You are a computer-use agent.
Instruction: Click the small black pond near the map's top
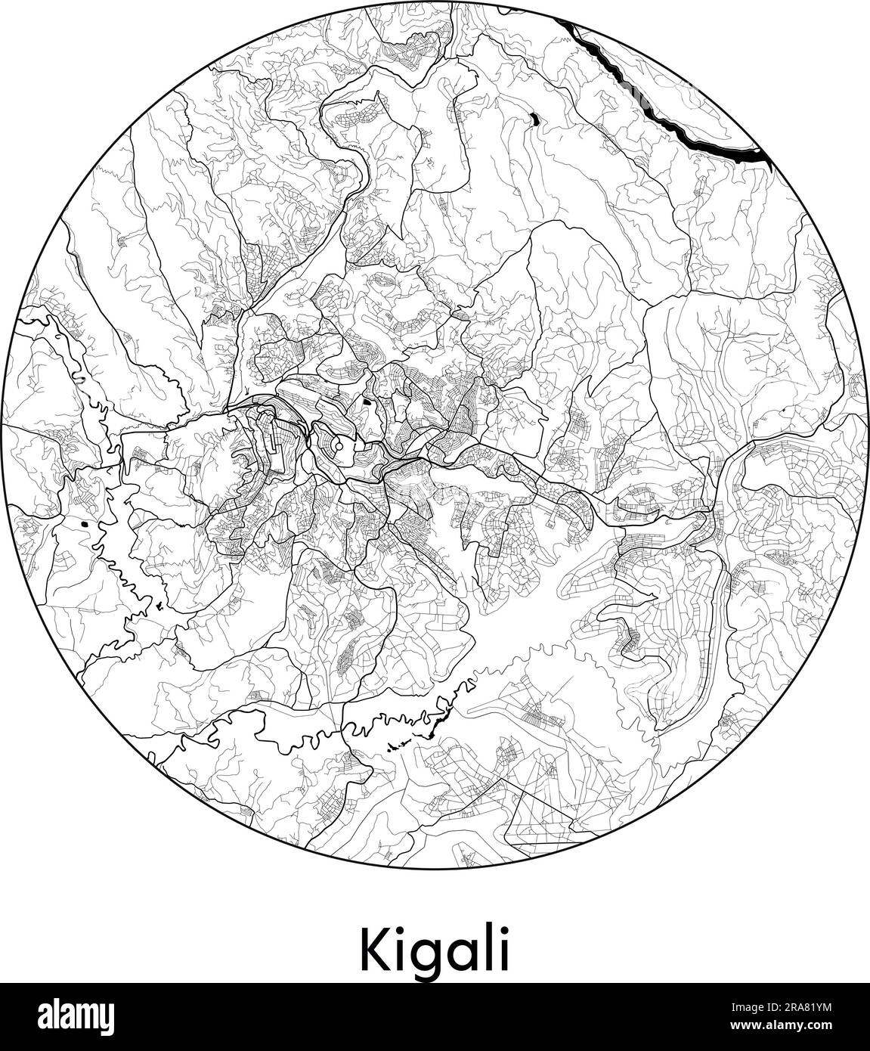[x=534, y=118]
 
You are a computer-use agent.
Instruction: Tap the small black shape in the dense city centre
[x=367, y=402]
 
